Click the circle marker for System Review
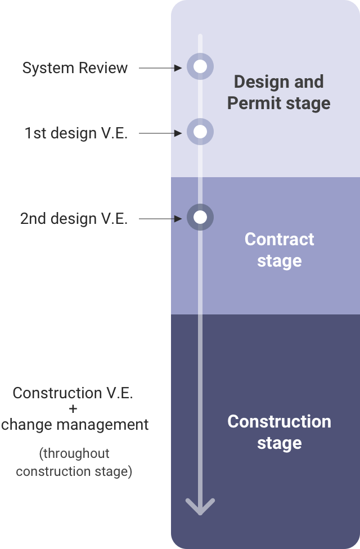200,66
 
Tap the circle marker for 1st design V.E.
200,132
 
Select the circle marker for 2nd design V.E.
200,217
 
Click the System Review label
75,68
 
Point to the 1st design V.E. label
76,133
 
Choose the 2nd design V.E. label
74,219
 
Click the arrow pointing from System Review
160,67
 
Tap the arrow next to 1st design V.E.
160,133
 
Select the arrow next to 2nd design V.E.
160,219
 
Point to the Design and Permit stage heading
278,92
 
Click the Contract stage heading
279,250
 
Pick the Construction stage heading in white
279,432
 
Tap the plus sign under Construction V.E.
74,408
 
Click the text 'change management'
75,424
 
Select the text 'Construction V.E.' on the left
73,393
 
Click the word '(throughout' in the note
74,453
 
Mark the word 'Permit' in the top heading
250,103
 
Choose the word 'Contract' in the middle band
279,239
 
